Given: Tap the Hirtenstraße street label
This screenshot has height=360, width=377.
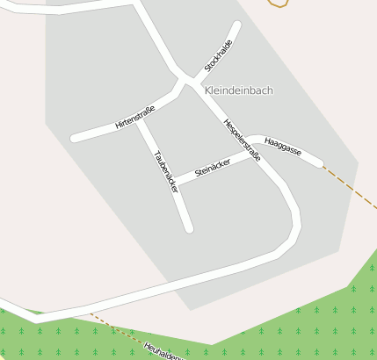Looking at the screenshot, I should [134, 118].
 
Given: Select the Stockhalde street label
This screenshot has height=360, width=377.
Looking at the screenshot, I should [218, 55].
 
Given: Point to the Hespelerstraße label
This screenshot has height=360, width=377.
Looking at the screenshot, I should [242, 140].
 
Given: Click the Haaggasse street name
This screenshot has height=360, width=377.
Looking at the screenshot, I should [282, 146].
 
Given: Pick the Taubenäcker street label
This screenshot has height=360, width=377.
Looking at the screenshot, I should [165, 171].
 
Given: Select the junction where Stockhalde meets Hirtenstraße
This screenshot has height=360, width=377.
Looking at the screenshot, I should [185, 82].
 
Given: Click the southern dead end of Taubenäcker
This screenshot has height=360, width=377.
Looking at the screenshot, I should [188, 228].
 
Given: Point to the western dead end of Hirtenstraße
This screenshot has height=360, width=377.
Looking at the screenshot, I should [75, 138].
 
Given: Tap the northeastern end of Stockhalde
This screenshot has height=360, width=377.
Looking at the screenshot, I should [236, 25].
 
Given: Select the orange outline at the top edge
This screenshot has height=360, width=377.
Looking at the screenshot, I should [278, 4].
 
